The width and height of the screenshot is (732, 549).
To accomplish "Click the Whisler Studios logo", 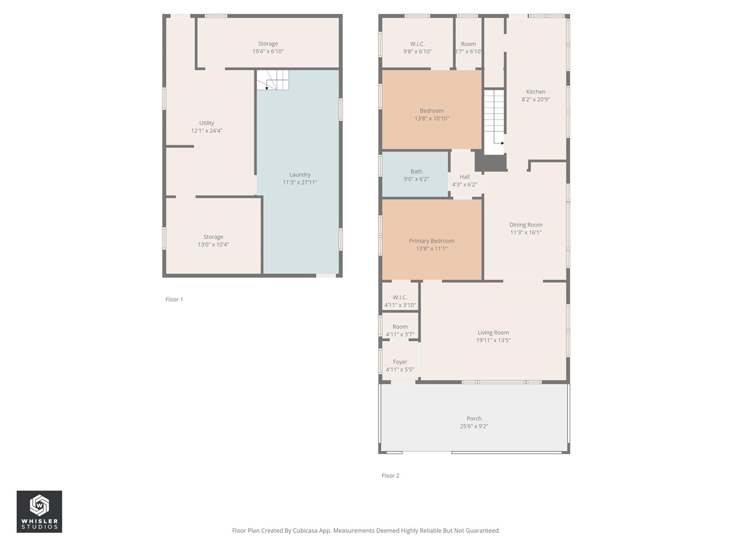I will pyautogui.click(x=39, y=511).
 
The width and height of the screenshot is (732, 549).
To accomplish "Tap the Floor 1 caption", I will pyautogui.click(x=174, y=300).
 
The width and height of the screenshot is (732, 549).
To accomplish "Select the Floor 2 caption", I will pyautogui.click(x=390, y=476).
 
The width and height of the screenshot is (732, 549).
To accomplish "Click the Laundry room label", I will pyautogui.click(x=300, y=175).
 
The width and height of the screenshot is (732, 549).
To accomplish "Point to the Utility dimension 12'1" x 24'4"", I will pyautogui.click(x=206, y=131).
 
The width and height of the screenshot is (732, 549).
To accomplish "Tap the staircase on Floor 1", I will pyautogui.click(x=273, y=81).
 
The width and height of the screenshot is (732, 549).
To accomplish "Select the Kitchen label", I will pyautogui.click(x=535, y=91).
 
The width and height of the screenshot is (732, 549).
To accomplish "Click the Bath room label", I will pyautogui.click(x=416, y=172).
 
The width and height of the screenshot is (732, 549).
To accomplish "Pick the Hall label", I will pyautogui.click(x=464, y=177).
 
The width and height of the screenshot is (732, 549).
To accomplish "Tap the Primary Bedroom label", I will pyautogui.click(x=431, y=241).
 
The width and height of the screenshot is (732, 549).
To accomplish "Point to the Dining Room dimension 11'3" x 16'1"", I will pyautogui.click(x=526, y=233).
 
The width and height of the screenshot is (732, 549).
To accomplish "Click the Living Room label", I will pyautogui.click(x=493, y=333).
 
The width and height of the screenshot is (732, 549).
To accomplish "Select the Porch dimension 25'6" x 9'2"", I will pyautogui.click(x=474, y=427).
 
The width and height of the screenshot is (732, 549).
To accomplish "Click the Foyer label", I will pyautogui.click(x=400, y=362).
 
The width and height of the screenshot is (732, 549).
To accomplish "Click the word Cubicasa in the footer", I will pyautogui.click(x=305, y=531).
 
